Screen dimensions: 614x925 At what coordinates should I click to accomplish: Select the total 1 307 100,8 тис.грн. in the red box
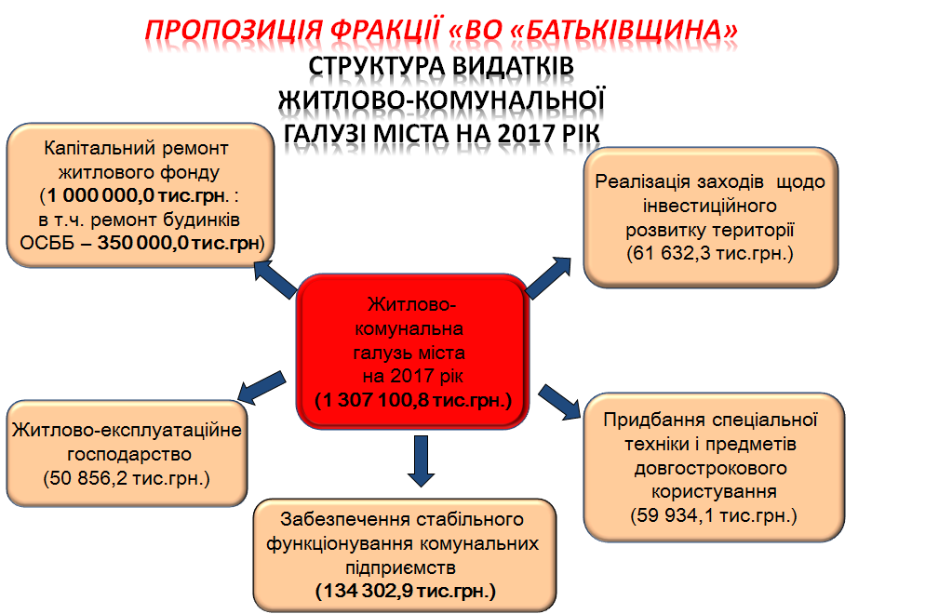pos(412,401)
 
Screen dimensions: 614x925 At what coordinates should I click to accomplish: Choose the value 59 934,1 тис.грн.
pos(713,514)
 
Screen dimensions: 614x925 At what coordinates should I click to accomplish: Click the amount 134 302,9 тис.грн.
pos(406,591)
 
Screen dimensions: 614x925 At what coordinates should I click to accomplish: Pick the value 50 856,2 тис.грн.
pos(127,478)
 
